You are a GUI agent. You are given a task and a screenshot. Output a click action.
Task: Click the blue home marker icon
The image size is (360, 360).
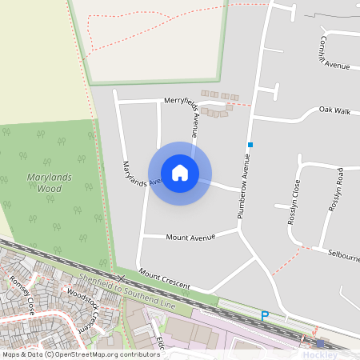[x=180, y=173]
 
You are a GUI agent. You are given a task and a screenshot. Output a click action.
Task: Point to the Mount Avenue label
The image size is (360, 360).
[x=191, y=238]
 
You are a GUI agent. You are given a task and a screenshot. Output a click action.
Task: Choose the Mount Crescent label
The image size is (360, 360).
[x=164, y=279]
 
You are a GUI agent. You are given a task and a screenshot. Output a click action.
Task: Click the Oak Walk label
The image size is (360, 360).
[x=334, y=110]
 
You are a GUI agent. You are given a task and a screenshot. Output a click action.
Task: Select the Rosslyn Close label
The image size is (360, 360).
[x=294, y=202]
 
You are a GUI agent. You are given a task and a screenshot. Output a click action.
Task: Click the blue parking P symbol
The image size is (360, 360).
[x=264, y=317]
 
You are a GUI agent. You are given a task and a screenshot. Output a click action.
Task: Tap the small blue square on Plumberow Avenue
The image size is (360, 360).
[x=250, y=145]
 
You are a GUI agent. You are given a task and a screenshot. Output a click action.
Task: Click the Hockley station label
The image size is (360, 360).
[x=320, y=354]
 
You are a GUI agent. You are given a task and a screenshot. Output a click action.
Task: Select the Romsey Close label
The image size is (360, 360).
[x=21, y=294]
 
